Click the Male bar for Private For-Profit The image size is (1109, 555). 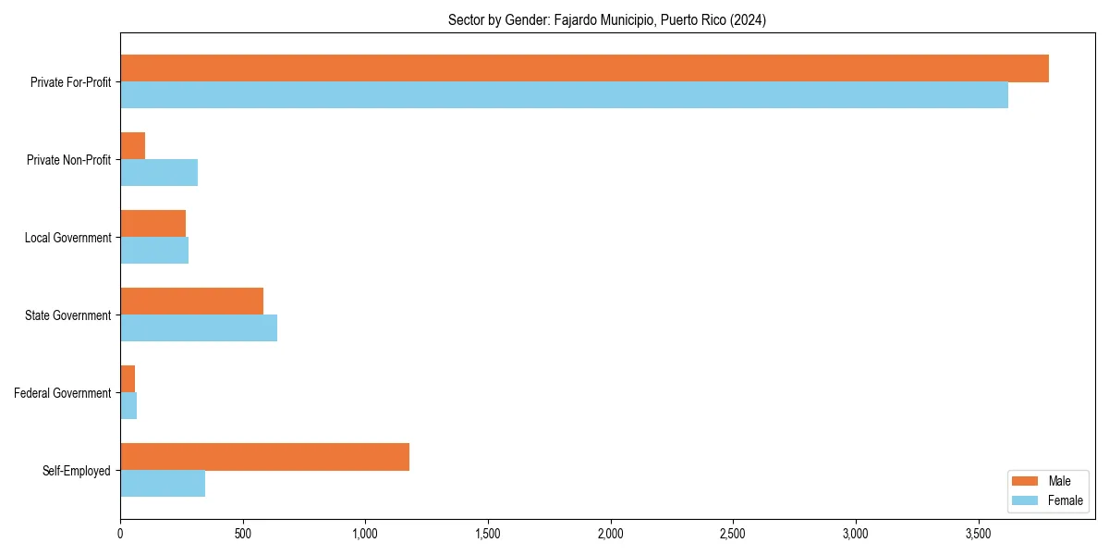tap(584, 68)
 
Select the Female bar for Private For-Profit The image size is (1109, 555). tap(564, 95)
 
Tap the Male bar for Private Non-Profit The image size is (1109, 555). tap(132, 146)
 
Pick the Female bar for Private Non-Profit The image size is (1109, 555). tap(159, 173)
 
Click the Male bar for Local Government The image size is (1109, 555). tap(152, 224)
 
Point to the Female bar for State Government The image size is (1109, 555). tap(199, 328)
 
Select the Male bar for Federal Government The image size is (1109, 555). tap(128, 379)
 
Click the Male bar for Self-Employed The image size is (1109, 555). tap(264, 457)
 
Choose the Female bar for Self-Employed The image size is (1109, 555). tap(163, 484)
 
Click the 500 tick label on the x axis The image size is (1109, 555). tap(243, 534)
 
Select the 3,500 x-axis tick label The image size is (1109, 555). tap(979, 534)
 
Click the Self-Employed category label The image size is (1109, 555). tap(77, 471)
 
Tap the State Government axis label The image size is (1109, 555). tap(68, 315)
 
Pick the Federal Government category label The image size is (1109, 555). tap(63, 393)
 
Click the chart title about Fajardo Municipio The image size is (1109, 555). tap(606, 19)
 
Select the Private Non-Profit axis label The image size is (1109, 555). tap(68, 160)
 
